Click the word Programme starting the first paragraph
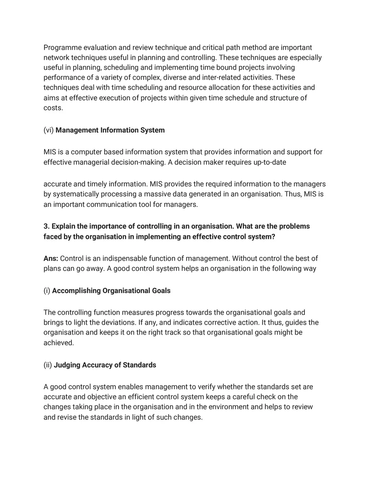pyautogui.click(x=63, y=48)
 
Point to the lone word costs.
pyautogui.click(x=53, y=108)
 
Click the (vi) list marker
pyautogui.click(x=49, y=130)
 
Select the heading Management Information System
pyautogui.click(x=110, y=130)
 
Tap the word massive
pyautogui.click(x=156, y=194)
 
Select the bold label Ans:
pyautogui.click(x=51, y=258)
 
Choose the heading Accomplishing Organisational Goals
pyautogui.click(x=111, y=291)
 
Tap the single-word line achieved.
pyautogui.click(x=59, y=343)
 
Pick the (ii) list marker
pyautogui.click(x=48, y=365)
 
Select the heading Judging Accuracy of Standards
pyautogui.click(x=105, y=365)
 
